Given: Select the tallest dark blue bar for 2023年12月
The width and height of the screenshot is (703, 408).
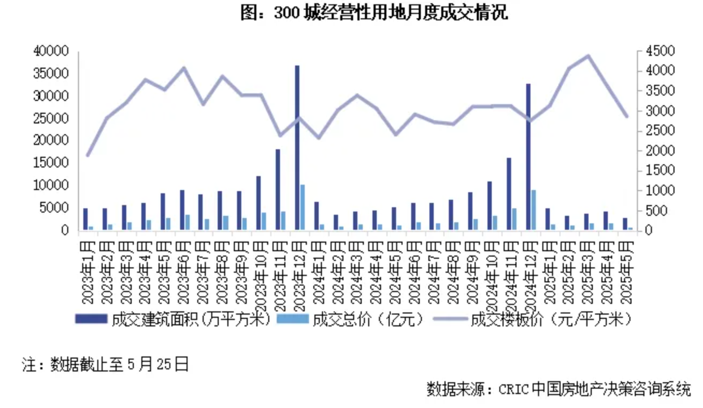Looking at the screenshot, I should [x=297, y=148].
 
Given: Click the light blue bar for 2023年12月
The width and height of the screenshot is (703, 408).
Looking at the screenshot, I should [x=303, y=207].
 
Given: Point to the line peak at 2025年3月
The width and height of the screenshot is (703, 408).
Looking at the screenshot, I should [x=587, y=55].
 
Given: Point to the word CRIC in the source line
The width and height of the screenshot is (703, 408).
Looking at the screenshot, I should [x=514, y=388].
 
